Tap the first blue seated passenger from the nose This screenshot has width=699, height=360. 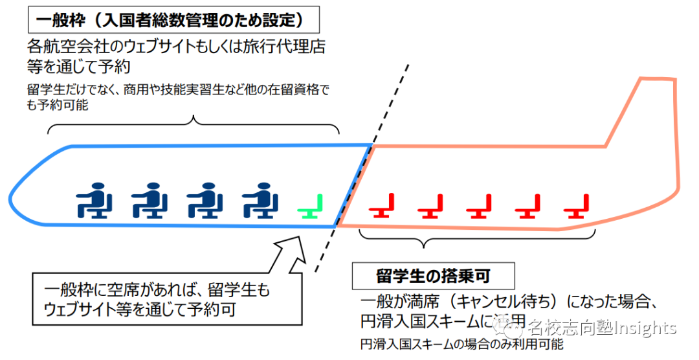94,201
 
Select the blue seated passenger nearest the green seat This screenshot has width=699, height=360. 260,201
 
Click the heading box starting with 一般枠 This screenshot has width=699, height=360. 174,21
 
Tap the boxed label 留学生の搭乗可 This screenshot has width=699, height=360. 433,276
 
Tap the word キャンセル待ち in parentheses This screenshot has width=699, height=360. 512,302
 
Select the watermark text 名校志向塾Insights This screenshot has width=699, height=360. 602,328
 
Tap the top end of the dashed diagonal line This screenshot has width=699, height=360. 408,65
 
